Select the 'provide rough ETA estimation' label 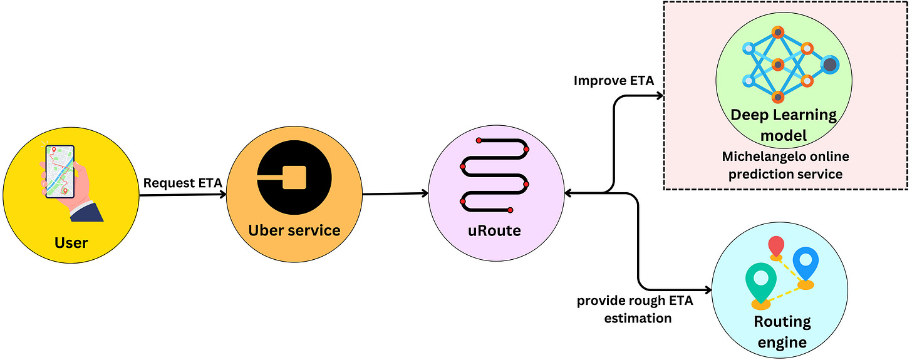click(x=635, y=309)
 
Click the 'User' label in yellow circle click(x=71, y=242)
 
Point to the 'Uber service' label click(x=294, y=230)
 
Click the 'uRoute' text click(x=494, y=230)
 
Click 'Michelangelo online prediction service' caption click(x=785, y=165)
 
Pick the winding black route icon click(x=495, y=175)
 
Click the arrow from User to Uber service click(x=182, y=195)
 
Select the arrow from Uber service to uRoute click(x=395, y=193)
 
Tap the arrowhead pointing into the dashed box click(x=659, y=96)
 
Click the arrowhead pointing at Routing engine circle click(x=708, y=290)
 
